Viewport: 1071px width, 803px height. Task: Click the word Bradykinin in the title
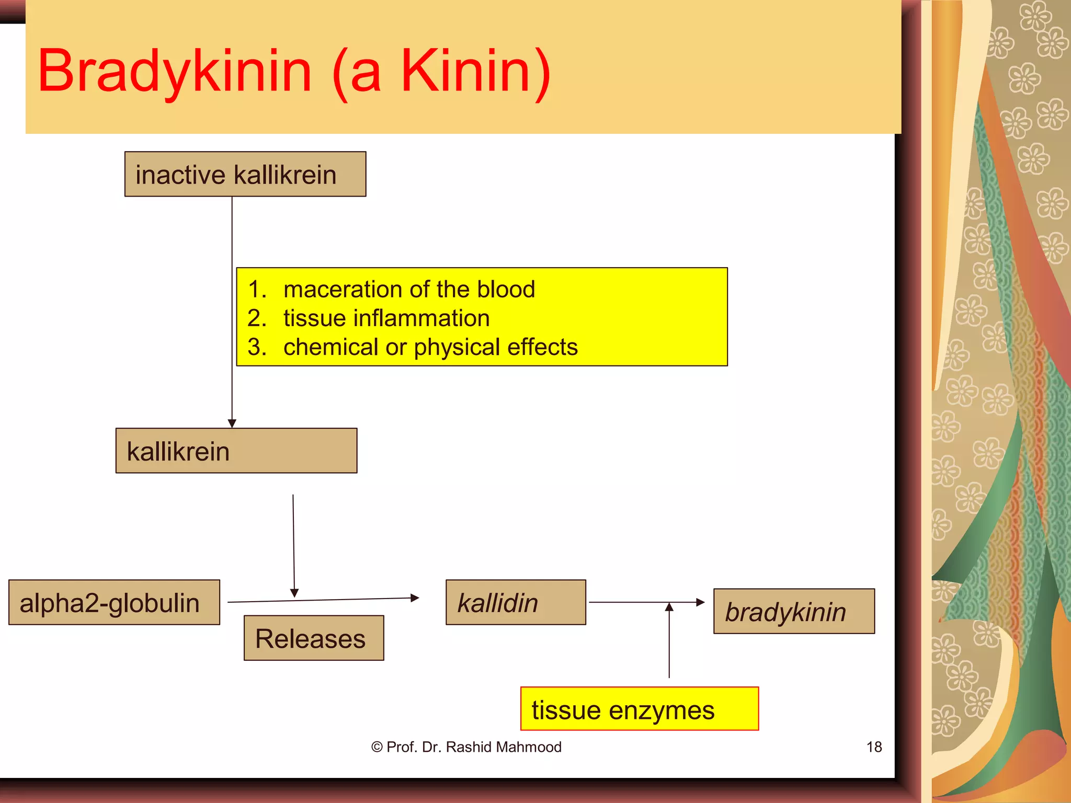[x=175, y=72]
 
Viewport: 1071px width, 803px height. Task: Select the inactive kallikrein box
[x=245, y=174]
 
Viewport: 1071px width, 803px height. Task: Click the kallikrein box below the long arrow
[x=236, y=451]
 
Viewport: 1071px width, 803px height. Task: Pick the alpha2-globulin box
[x=114, y=602]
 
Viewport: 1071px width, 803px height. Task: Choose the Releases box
[x=314, y=638]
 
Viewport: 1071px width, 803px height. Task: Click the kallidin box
[x=516, y=602]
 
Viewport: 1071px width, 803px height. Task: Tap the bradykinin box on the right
[x=794, y=611]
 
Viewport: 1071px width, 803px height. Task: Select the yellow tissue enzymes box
[x=639, y=709]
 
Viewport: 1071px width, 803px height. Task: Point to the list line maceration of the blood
[x=409, y=289]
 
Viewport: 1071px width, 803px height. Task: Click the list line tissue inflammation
[x=386, y=318]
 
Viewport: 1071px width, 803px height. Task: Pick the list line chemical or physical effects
[x=430, y=347]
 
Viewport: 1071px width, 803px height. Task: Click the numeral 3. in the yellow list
[x=257, y=347]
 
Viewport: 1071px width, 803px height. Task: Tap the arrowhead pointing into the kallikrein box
[x=232, y=423]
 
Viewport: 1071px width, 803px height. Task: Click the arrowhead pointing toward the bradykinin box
[x=701, y=602]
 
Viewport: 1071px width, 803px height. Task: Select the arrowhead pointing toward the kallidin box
[x=415, y=598]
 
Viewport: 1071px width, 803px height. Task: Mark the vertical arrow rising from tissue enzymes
[x=669, y=643]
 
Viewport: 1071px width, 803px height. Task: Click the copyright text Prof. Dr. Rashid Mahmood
[x=466, y=747]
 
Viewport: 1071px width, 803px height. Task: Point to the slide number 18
[x=874, y=747]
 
